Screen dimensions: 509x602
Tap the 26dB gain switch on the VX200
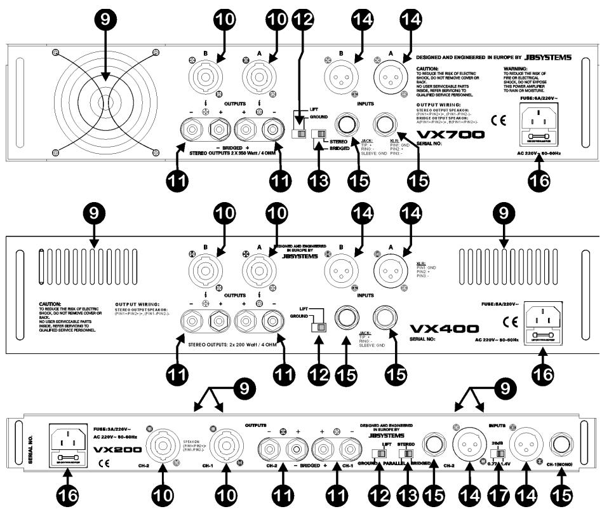(x=502, y=453)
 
